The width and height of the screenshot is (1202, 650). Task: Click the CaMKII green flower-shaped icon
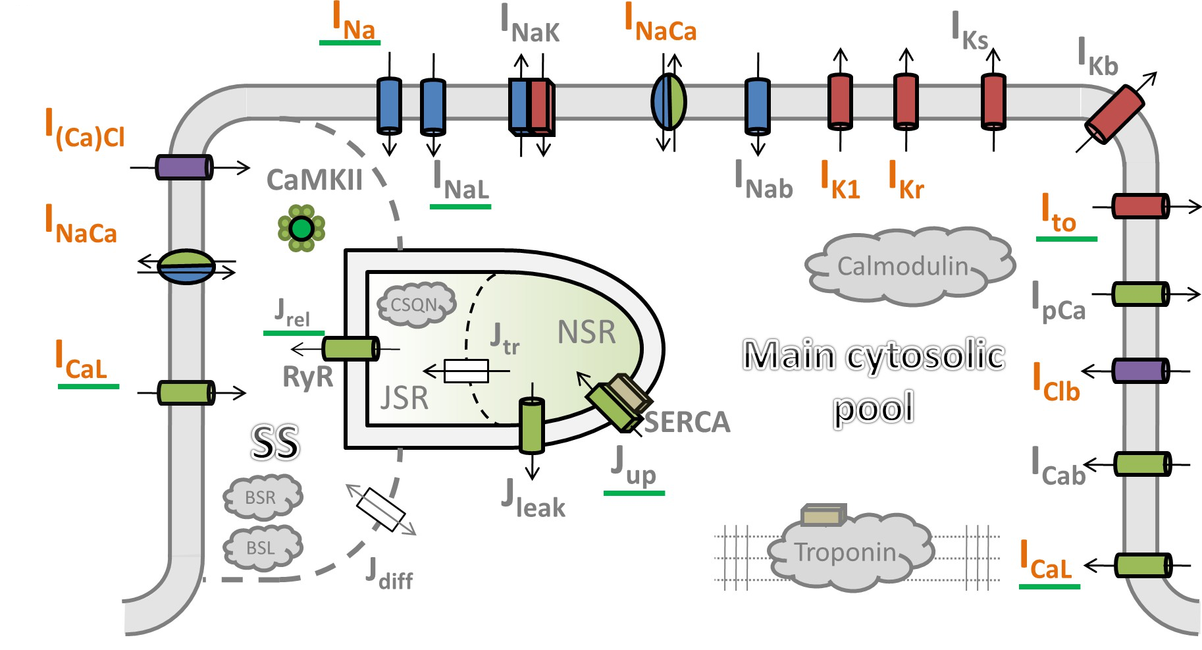coord(301,229)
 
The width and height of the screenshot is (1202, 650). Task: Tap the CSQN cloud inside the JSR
coord(416,305)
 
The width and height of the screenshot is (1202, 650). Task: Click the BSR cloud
coord(262,498)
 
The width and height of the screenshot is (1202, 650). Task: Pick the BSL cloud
coord(262,548)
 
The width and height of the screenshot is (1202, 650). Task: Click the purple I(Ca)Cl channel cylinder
coord(184,167)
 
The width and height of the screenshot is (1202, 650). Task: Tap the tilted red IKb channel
coord(1115,114)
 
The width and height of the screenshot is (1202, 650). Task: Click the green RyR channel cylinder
coord(351,348)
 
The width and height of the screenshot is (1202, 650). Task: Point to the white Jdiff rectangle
coord(380,510)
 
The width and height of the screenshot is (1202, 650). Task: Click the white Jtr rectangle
coord(466,371)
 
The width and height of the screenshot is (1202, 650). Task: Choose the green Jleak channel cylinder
coord(532,425)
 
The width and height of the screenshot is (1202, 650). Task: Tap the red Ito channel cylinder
coord(1140,207)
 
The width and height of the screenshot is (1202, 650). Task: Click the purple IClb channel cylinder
coord(1140,371)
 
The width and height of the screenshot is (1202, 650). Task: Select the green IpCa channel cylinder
coord(1140,294)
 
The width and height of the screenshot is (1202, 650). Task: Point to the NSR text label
coord(587,332)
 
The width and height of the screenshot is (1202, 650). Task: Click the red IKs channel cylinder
coord(993,101)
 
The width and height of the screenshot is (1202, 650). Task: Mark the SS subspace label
coord(275,442)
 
